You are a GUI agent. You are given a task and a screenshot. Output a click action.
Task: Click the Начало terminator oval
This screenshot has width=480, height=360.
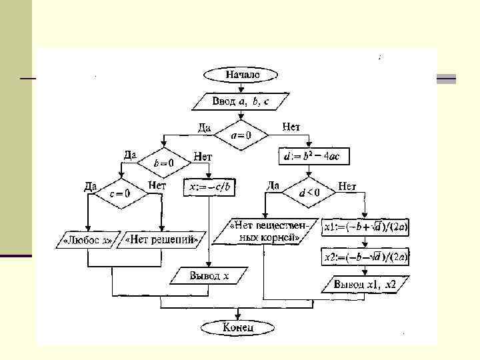(x=241, y=75)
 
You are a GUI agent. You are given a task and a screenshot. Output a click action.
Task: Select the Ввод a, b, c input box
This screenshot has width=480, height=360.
(x=241, y=101)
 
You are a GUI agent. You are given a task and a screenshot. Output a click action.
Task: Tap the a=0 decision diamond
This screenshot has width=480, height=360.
(x=241, y=135)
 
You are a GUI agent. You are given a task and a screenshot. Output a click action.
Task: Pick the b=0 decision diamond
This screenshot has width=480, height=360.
(x=164, y=162)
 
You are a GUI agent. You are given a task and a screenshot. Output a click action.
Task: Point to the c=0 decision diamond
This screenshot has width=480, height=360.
(x=119, y=193)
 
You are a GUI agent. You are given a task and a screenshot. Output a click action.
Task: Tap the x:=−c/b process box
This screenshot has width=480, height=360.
(x=211, y=188)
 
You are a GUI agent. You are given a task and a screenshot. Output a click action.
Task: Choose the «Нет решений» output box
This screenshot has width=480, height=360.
(x=161, y=238)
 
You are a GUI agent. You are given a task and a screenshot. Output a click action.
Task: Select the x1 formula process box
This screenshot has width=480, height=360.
(x=367, y=228)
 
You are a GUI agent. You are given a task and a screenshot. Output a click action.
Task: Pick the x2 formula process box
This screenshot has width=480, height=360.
(x=367, y=256)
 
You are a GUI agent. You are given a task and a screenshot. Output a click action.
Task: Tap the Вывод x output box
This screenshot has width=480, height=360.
(x=209, y=275)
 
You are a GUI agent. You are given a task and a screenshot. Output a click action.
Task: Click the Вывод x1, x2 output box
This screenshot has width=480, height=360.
(x=365, y=285)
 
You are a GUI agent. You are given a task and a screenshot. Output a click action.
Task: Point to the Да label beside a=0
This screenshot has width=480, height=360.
(x=205, y=127)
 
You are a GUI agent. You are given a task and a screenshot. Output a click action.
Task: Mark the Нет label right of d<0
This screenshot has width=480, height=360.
(x=347, y=186)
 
